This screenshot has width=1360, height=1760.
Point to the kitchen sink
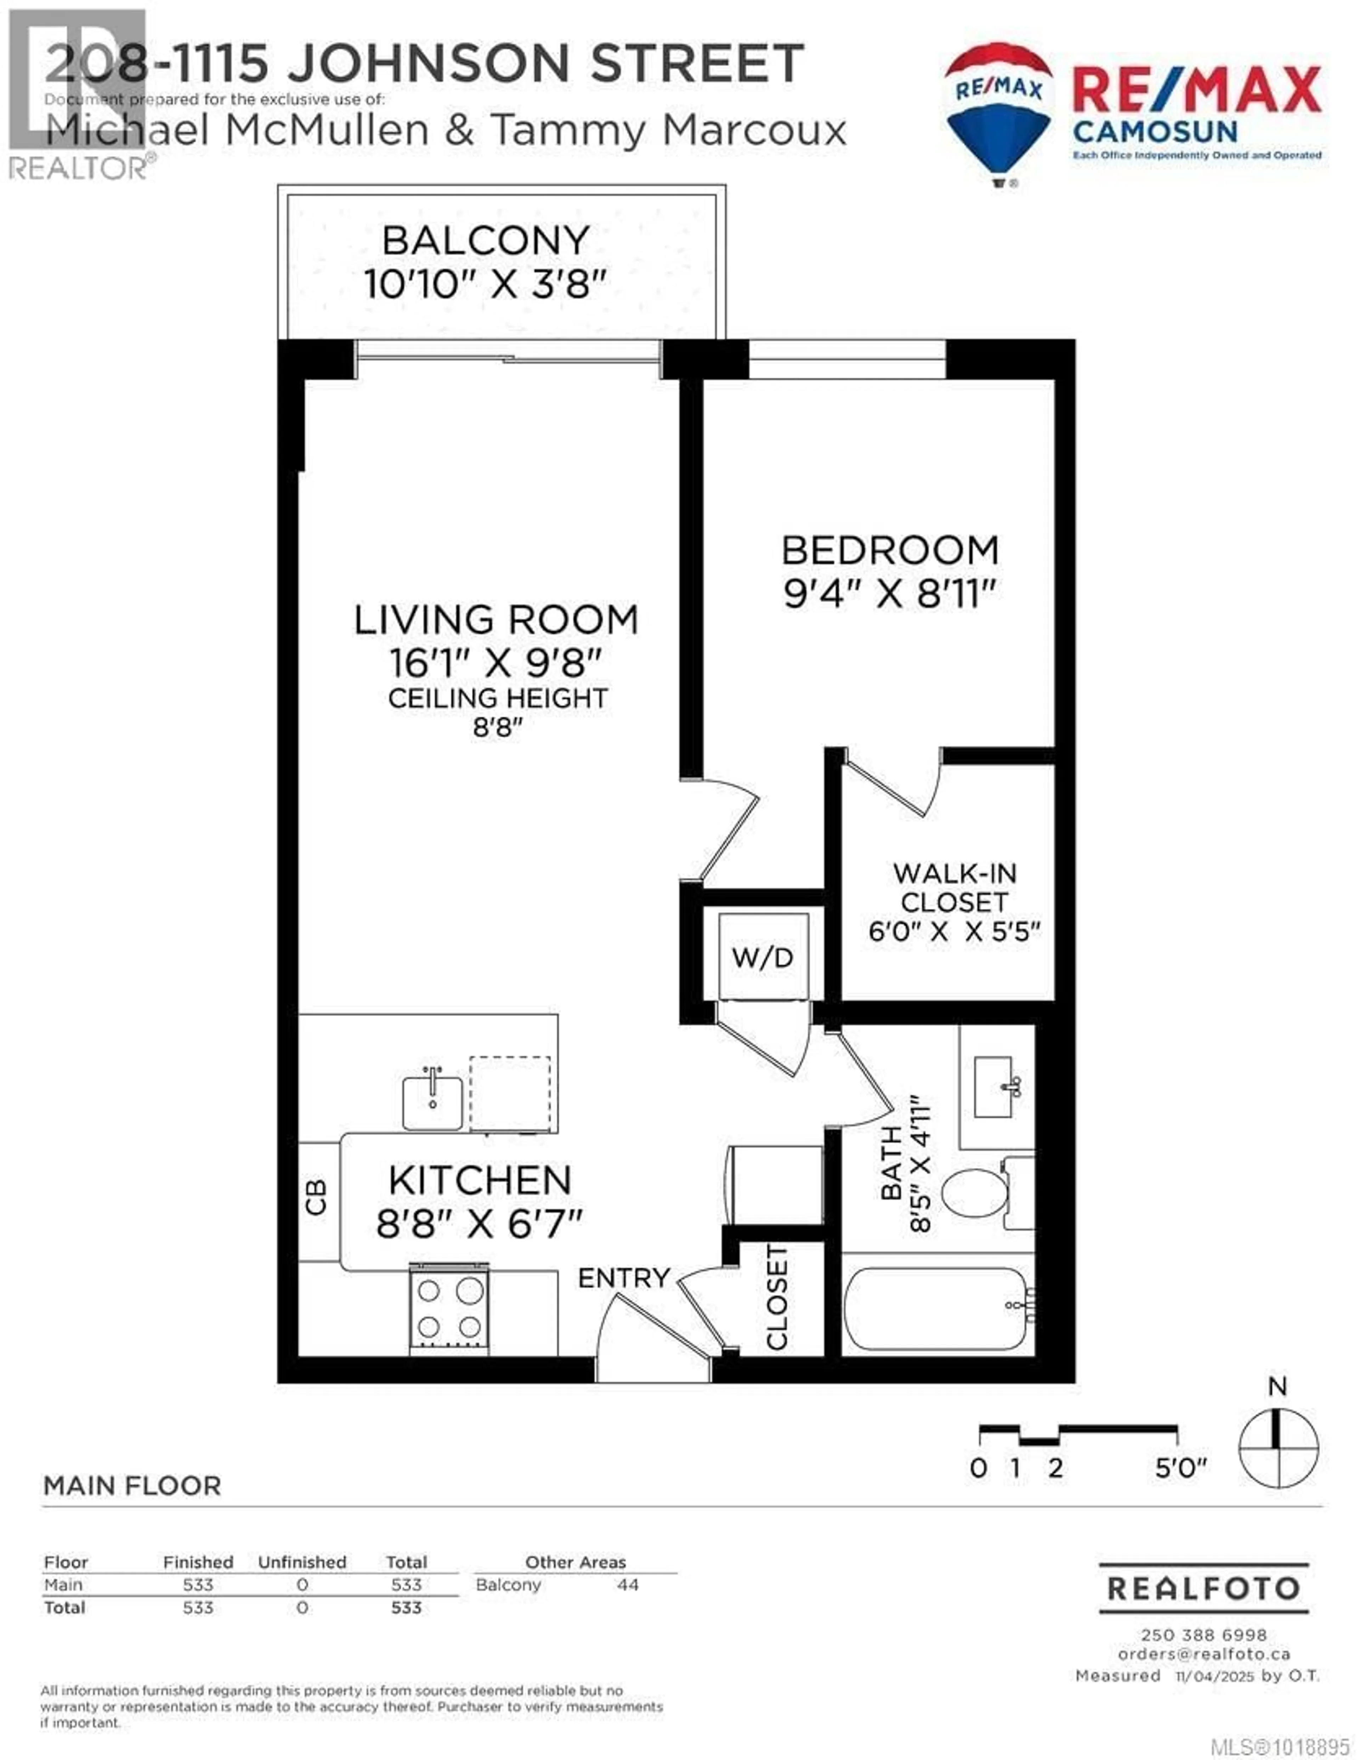[x=433, y=1102]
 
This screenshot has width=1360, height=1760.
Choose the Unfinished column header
[x=302, y=1562]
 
